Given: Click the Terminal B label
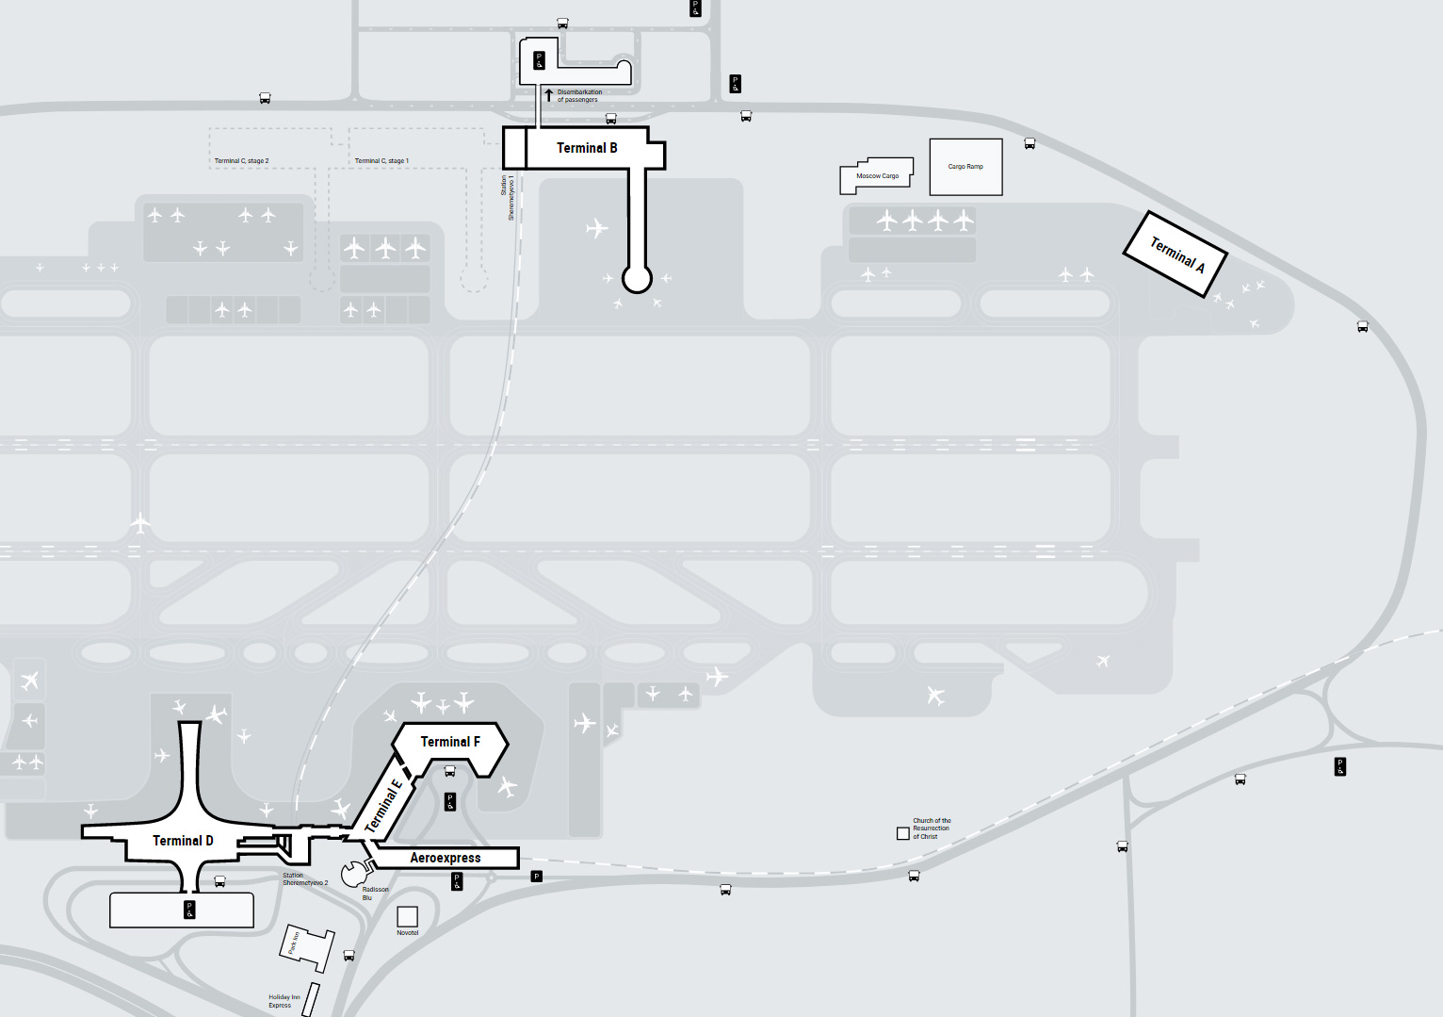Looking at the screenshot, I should click(x=587, y=148).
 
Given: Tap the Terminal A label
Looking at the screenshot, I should click(x=1176, y=254).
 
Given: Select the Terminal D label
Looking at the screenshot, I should click(x=183, y=841).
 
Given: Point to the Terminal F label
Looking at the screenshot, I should click(x=450, y=742).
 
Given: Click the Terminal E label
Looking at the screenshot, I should click(x=383, y=807).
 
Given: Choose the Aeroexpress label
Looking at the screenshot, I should click(x=446, y=858).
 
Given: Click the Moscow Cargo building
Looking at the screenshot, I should click(x=877, y=176).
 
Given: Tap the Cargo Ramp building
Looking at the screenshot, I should click(x=965, y=167).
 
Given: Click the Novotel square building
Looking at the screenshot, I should click(x=408, y=916).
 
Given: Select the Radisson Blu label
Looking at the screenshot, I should click(x=375, y=894).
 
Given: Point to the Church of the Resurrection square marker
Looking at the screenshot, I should click(x=903, y=833).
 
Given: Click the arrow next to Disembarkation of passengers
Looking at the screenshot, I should click(x=549, y=95).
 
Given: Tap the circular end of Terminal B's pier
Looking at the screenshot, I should click(x=637, y=279).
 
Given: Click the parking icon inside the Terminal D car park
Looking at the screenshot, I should click(x=189, y=910).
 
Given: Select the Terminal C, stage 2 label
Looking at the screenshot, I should click(x=242, y=161).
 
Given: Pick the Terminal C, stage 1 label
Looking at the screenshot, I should click(x=381, y=161).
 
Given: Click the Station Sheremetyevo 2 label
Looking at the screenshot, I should click(x=305, y=879).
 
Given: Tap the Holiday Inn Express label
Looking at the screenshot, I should click(x=284, y=1001).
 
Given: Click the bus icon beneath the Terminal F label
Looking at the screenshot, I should click(x=450, y=771).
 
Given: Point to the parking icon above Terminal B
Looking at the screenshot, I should click(x=539, y=61).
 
